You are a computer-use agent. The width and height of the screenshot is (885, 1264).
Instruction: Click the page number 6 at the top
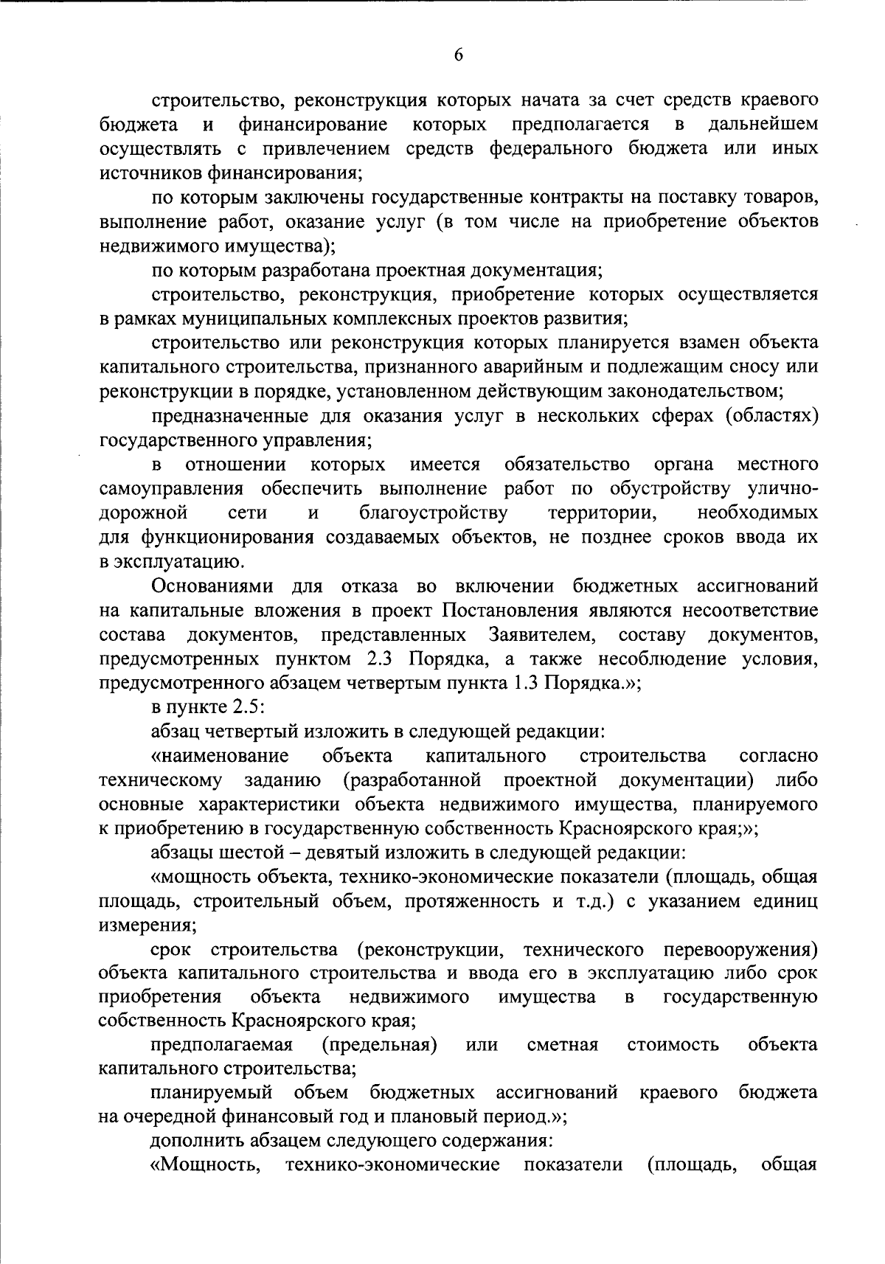pyautogui.click(x=458, y=55)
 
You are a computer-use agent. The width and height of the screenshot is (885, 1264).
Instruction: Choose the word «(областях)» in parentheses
pyautogui.click(x=772, y=417)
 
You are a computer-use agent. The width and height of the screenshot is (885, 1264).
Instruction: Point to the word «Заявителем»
pyautogui.click(x=539, y=635)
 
